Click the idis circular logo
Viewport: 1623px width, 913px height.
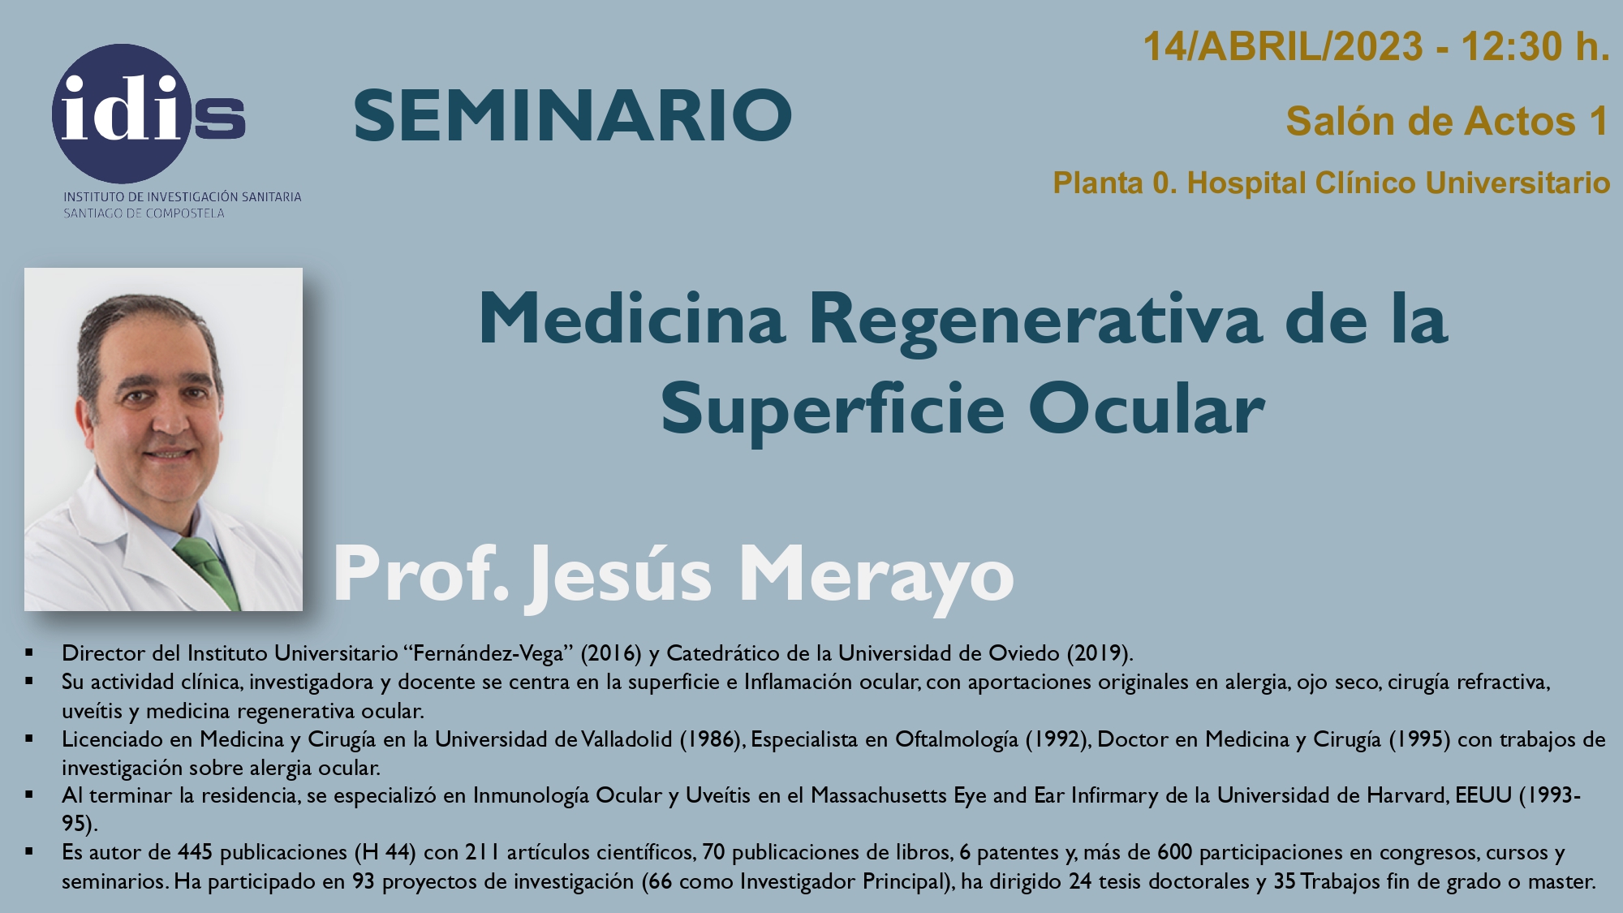click(148, 114)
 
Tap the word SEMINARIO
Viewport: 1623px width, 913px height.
click(573, 116)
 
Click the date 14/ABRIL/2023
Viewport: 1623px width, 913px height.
click(1283, 46)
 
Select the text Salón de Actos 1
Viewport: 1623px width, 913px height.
click(1448, 122)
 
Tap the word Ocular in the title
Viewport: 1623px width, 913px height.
click(1147, 408)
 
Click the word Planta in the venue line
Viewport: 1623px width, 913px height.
click(1099, 183)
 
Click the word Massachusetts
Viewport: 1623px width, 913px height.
click(879, 795)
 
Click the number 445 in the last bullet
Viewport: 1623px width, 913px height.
click(195, 852)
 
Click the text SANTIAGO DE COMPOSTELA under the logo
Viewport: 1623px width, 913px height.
click(144, 213)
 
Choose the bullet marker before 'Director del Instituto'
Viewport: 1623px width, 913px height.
click(29, 652)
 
